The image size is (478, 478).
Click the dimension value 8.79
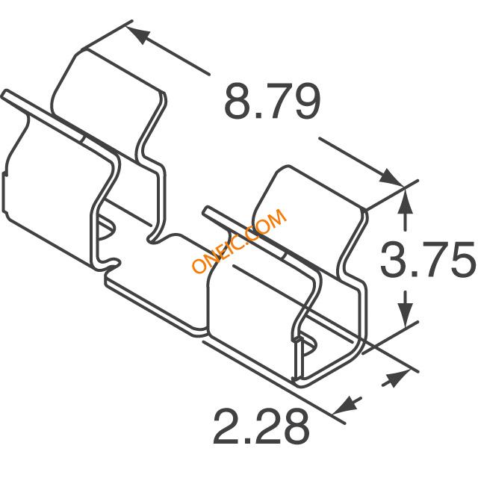coord(272,102)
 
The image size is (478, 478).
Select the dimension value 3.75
coord(428,259)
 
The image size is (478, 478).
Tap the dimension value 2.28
coord(261,426)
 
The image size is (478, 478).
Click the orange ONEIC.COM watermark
coord(239,240)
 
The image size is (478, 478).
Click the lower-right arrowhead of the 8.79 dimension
coord(391,177)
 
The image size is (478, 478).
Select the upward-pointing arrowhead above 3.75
coord(405,201)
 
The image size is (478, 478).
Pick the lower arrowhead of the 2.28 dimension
coord(345,406)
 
